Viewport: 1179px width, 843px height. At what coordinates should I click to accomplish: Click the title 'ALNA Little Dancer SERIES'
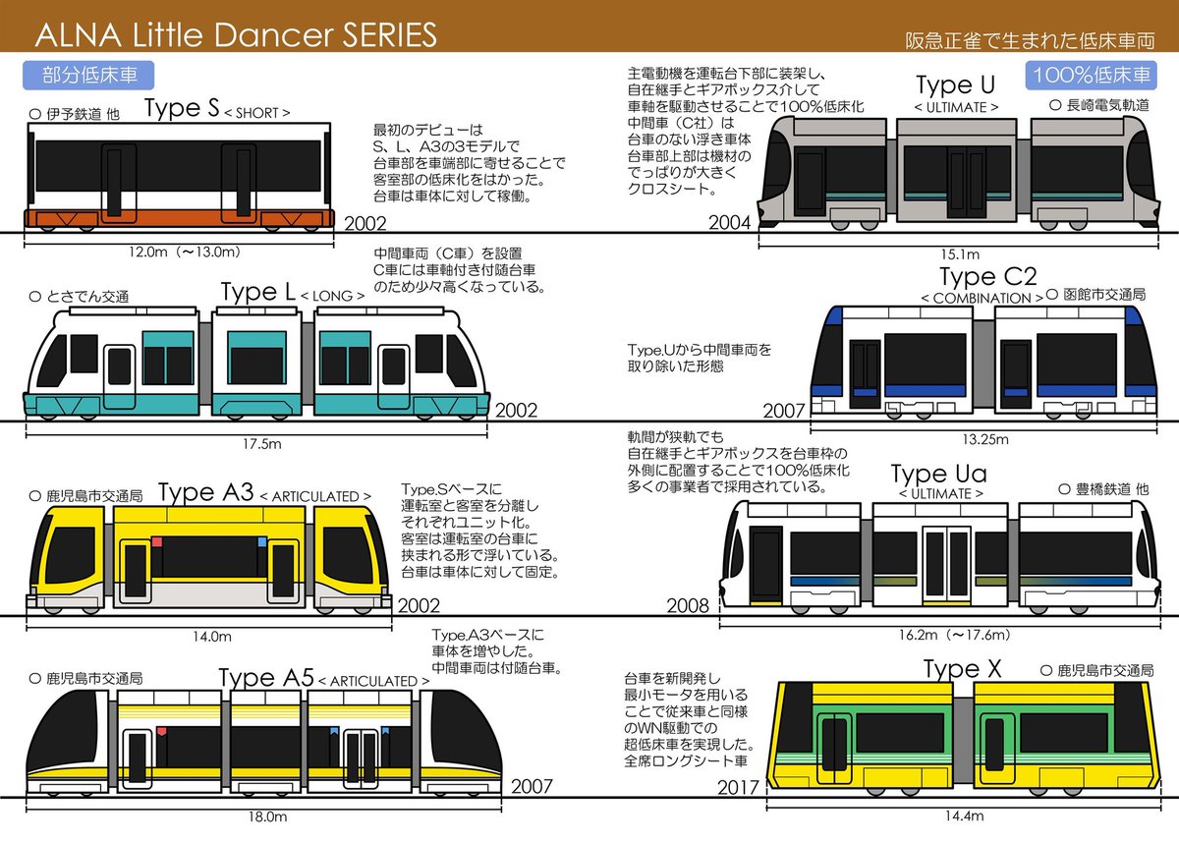236,35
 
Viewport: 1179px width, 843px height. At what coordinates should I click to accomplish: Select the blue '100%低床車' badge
1091,76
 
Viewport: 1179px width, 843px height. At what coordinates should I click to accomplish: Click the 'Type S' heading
182,109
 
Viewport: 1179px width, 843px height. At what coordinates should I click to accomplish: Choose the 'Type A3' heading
205,491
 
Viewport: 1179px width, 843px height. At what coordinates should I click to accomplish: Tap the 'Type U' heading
956,84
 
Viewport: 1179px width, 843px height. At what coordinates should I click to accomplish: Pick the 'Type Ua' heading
938,475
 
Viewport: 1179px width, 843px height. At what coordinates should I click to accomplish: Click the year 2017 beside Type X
739,788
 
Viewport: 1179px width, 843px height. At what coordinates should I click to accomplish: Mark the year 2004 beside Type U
729,224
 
